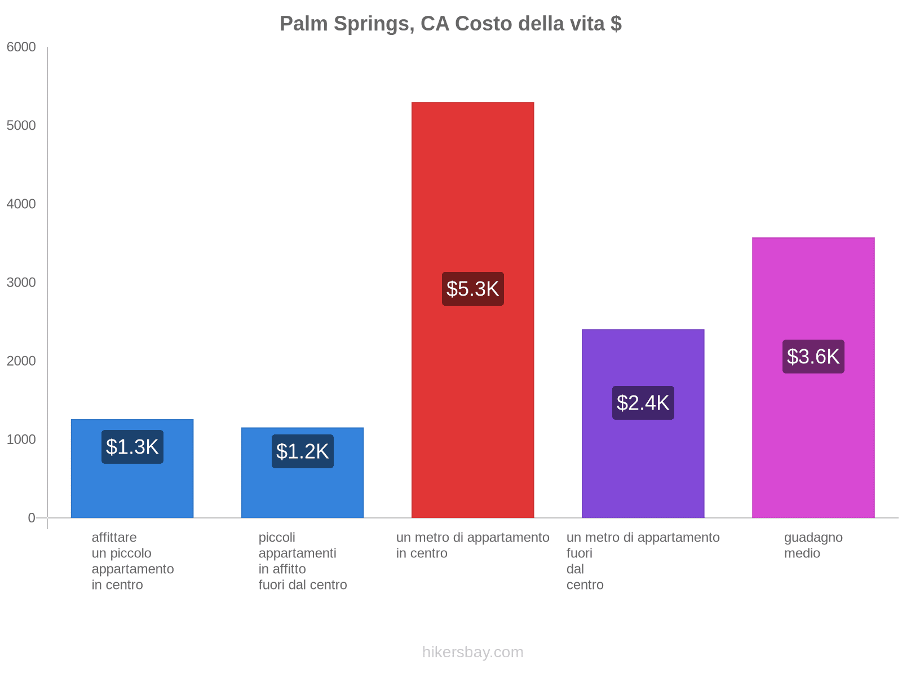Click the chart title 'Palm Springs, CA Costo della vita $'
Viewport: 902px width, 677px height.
coord(450,24)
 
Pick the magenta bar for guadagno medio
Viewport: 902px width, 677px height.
coord(813,440)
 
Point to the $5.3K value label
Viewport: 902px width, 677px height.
coord(472,289)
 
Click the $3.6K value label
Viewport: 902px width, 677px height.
coord(813,357)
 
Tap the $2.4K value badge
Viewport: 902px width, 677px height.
coord(643,403)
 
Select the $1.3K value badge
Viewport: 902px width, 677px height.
coord(132,447)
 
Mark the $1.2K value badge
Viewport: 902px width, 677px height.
coord(302,451)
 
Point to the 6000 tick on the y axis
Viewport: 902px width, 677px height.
coord(21,47)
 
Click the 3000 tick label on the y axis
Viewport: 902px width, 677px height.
coord(21,283)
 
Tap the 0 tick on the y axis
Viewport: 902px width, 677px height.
coord(32,518)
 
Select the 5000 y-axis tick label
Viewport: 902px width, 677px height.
coord(21,126)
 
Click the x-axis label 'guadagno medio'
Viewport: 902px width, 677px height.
coord(813,545)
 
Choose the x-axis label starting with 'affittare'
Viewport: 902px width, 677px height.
coord(132,561)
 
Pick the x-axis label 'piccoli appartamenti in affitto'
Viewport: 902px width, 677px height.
coord(302,561)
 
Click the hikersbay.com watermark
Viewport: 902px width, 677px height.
coord(472,652)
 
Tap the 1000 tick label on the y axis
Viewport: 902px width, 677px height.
coord(21,439)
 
